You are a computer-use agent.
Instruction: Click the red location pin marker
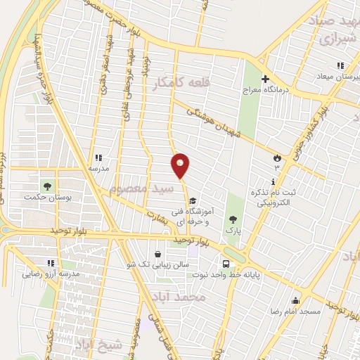(180, 166)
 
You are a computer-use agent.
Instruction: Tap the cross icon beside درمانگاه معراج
(265, 79)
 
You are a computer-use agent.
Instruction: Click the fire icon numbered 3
(277, 158)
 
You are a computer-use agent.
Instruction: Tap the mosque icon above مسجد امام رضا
(295, 300)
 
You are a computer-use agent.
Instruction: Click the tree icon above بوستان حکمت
(48, 186)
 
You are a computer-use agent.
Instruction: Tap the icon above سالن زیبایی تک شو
(157, 253)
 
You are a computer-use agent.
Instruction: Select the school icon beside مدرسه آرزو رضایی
(50, 263)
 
